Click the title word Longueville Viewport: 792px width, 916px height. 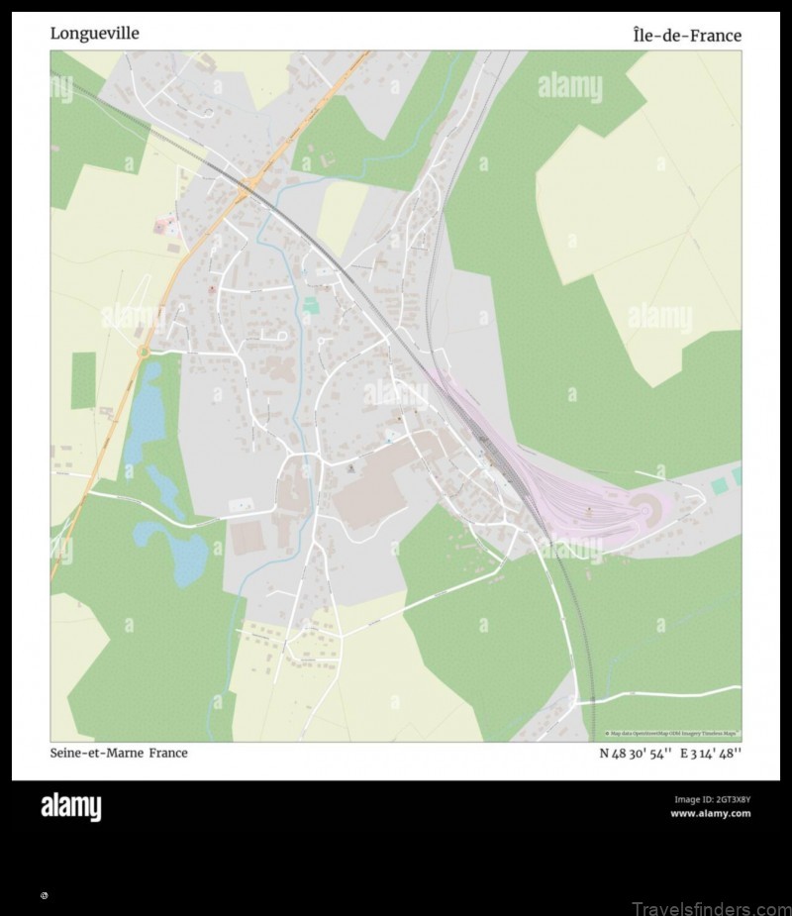[x=94, y=34]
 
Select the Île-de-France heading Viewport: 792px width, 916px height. [x=686, y=36]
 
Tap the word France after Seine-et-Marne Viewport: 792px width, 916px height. [x=168, y=753]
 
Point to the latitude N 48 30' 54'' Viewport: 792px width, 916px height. [x=635, y=753]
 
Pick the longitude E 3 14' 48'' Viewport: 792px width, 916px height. [x=711, y=753]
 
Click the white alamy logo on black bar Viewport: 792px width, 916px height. [x=70, y=807]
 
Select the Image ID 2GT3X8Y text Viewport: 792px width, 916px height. [x=712, y=799]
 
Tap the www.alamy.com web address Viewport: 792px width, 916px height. [x=710, y=814]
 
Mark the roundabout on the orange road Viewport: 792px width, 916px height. [x=144, y=351]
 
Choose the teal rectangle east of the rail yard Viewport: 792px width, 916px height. [x=719, y=486]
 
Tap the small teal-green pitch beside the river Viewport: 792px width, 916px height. [x=311, y=306]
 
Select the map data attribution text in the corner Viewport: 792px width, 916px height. [x=672, y=734]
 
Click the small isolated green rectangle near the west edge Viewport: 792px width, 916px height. [x=83, y=380]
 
